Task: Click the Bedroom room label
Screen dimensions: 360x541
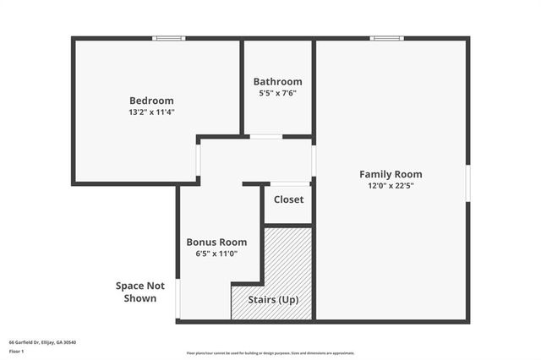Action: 151,100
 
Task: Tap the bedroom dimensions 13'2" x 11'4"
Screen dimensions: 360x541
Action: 151,111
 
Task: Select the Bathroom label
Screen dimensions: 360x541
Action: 277,81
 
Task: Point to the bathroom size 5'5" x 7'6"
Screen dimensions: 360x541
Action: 277,93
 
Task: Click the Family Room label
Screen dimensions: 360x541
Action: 390,173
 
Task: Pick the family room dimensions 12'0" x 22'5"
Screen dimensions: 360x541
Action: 390,185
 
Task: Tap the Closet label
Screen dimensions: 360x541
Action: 288,200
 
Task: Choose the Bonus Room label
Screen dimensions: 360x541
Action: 216,242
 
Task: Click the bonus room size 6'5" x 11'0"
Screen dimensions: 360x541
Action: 216,253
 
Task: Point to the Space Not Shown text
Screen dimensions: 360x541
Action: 140,292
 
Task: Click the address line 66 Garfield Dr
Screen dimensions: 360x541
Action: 42,342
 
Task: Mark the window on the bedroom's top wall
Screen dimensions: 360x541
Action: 169,38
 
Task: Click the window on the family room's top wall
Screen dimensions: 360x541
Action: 386,38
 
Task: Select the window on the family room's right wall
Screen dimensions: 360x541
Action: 467,183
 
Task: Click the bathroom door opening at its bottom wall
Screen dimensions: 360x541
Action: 266,136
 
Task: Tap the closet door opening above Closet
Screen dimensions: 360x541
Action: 289,183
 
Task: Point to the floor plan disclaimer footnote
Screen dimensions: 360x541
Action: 270,353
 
